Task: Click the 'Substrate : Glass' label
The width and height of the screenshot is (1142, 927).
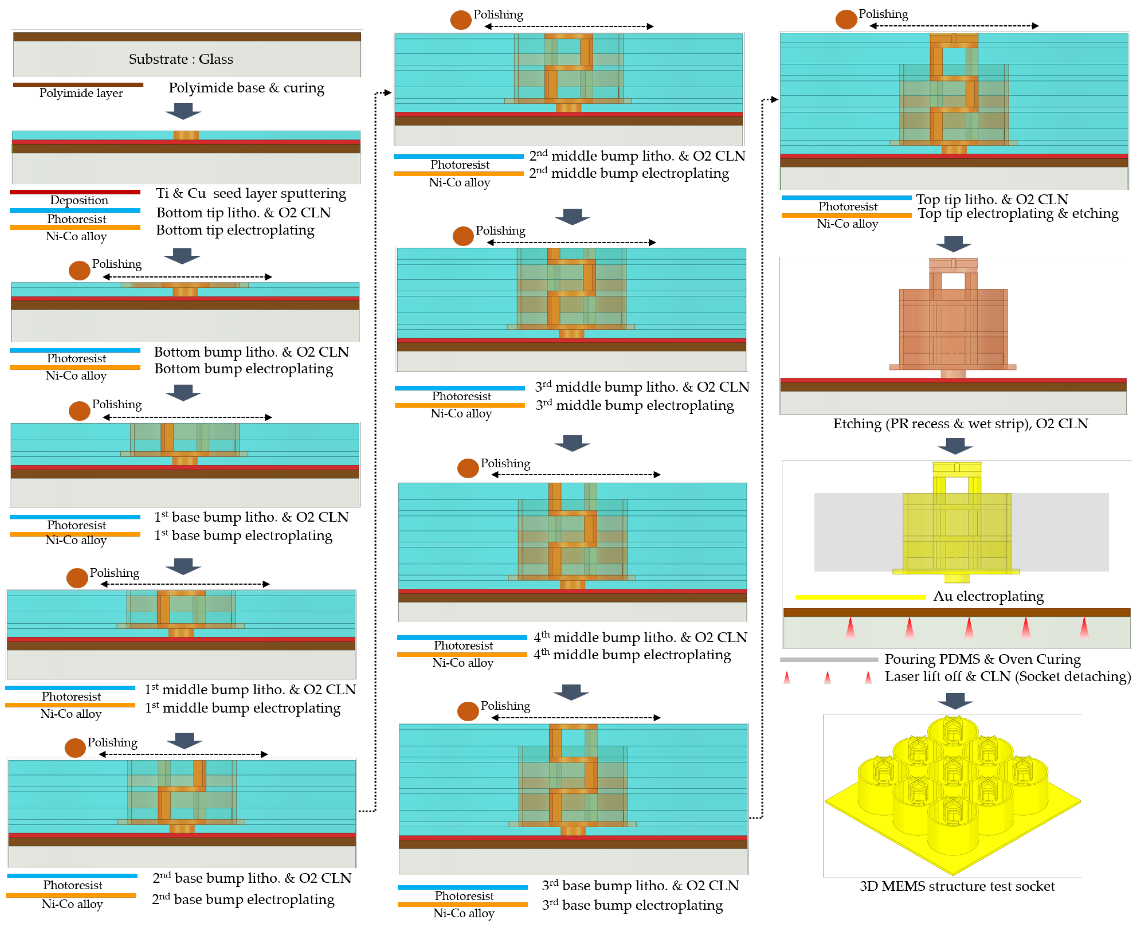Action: [x=181, y=59]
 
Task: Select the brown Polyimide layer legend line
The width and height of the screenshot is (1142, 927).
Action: [x=78, y=85]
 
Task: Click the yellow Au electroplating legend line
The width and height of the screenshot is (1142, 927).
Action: [x=860, y=597]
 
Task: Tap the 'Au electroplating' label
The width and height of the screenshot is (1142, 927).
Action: [x=988, y=597]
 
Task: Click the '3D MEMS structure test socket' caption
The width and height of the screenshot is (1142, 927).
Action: [x=957, y=886]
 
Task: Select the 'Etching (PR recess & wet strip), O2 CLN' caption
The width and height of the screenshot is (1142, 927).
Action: [x=960, y=424]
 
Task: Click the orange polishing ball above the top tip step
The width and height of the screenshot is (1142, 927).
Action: [x=846, y=19]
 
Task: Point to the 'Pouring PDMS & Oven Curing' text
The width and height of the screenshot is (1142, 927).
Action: [x=983, y=659]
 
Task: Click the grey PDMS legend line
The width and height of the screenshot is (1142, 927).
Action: [x=829, y=660]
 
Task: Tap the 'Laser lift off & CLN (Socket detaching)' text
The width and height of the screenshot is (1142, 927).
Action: [x=1007, y=676]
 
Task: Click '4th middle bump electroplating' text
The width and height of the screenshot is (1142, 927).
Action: [x=632, y=655]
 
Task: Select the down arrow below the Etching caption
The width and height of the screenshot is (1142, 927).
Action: [x=955, y=446]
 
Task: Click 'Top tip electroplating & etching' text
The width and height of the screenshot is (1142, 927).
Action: [x=1018, y=214]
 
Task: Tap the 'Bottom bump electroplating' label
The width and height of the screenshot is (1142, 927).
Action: [x=243, y=369]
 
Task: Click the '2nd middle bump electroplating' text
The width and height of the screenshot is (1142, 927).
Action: [x=629, y=174]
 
